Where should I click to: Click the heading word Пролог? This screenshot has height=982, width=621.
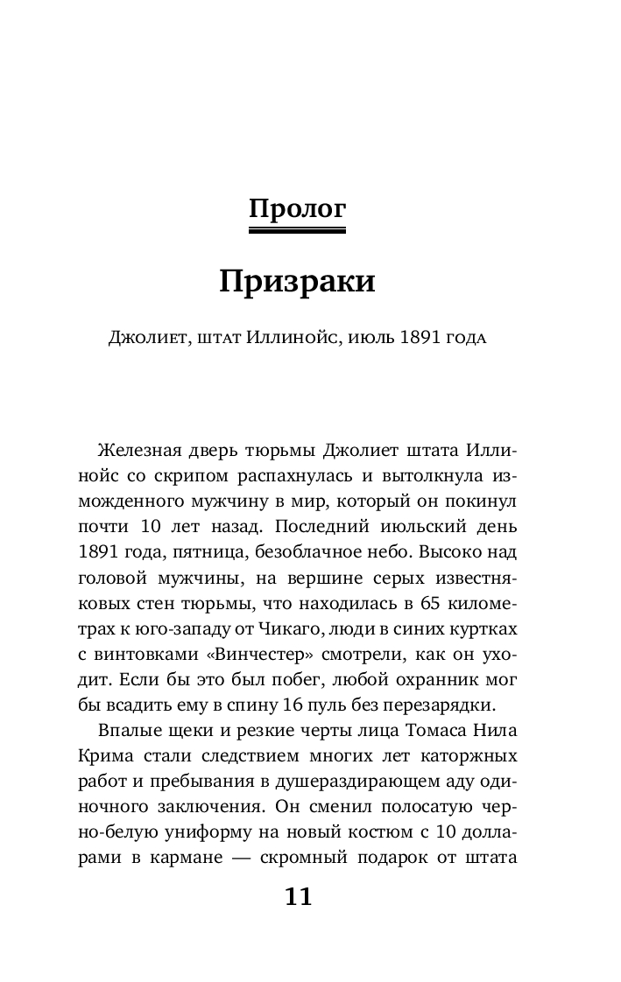point(297,209)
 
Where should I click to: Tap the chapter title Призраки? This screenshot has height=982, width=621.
point(297,282)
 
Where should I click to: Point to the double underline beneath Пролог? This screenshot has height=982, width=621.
point(297,230)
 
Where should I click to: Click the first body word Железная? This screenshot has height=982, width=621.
point(139,452)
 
